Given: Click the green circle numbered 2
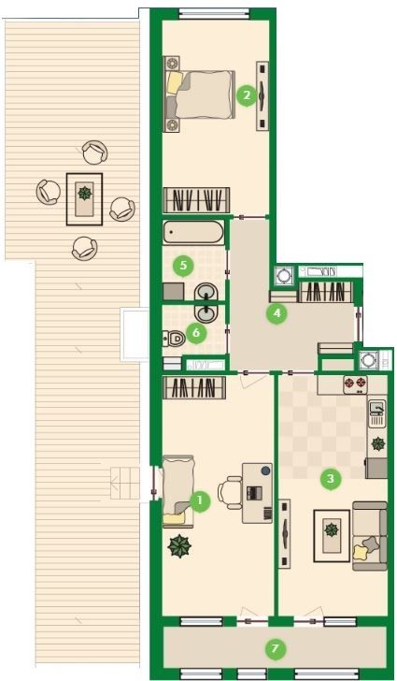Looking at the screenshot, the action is [x=247, y=94].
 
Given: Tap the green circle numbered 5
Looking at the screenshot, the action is [x=183, y=265].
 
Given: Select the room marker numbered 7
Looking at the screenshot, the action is [x=275, y=649].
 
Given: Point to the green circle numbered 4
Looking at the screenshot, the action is [x=277, y=312].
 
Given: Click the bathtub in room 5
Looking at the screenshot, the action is [x=193, y=232].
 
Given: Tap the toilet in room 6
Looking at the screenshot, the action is [x=174, y=338].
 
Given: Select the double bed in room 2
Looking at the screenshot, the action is [x=200, y=94].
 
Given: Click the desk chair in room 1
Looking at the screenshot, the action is [x=230, y=492].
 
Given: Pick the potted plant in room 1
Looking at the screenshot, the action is [x=179, y=546].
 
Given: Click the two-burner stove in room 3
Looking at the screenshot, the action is [x=355, y=384].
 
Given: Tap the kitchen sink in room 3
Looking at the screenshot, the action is [x=376, y=413].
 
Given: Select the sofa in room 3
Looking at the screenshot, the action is [x=370, y=536].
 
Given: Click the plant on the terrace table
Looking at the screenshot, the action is [x=84, y=192].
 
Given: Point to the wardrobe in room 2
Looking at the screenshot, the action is [x=196, y=200].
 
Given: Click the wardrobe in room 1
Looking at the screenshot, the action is [x=194, y=387].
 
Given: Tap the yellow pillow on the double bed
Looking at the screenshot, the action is [x=175, y=82].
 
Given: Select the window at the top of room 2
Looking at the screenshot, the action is [x=215, y=14].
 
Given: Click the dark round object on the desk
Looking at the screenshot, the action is [x=264, y=471].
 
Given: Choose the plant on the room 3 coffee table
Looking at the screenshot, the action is [x=332, y=530].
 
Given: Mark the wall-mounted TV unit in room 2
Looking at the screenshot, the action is [x=262, y=95].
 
